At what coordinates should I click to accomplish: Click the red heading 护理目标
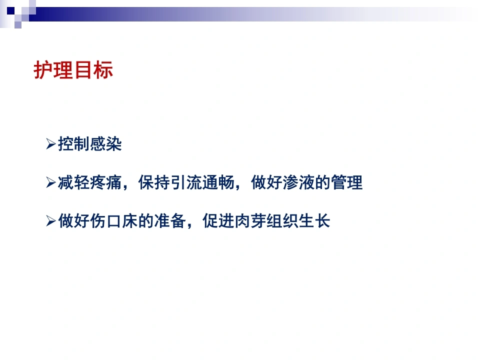point(73,70)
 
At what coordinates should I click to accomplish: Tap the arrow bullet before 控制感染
point(51,144)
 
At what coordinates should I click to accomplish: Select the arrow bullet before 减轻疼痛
point(51,182)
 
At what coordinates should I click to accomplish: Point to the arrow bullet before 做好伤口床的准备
point(51,221)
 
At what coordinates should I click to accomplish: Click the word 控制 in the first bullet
point(74,144)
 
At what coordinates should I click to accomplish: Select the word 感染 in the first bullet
point(106,144)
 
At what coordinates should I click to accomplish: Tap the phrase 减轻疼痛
point(90,182)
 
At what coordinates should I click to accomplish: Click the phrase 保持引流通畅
point(186,182)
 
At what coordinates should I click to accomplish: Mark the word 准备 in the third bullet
point(170,221)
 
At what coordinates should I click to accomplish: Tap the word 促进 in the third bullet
point(218,221)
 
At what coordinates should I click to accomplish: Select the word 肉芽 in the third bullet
point(250,221)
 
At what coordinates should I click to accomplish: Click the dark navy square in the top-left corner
point(10,11)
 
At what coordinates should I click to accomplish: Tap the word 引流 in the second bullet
point(186,182)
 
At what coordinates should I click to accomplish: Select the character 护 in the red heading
point(43,70)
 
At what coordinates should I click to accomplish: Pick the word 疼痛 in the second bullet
point(106,182)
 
